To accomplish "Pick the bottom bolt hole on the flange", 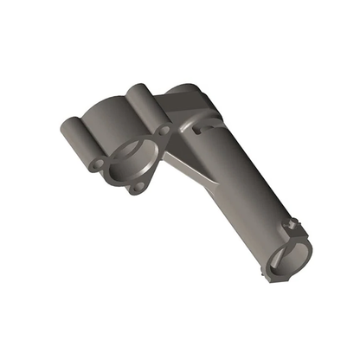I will point(135,187).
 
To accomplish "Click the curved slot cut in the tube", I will point(203,130).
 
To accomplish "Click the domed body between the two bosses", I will point(108,117).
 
